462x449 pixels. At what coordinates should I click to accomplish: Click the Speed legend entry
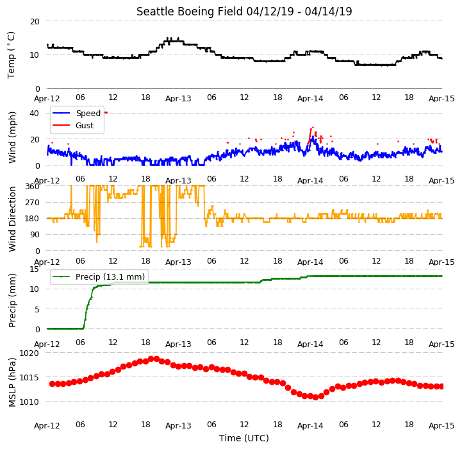point(77,113)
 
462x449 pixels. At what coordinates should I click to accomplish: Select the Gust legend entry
point(73,125)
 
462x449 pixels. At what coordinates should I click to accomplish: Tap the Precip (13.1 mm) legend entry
point(99,276)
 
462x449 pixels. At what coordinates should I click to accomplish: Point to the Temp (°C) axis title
point(11,55)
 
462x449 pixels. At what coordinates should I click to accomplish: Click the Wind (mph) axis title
point(12,137)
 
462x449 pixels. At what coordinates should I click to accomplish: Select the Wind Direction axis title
point(12,219)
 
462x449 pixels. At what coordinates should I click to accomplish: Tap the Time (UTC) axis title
point(244,438)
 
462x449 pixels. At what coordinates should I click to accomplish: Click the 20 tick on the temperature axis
point(35,22)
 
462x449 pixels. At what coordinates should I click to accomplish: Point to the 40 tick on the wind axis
point(35,114)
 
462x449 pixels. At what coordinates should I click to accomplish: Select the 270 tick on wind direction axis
point(33,203)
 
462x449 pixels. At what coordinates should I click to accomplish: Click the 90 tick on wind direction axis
point(35,235)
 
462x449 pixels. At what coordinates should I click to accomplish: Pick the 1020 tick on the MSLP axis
point(29,353)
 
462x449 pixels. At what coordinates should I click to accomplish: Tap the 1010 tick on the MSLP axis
point(29,402)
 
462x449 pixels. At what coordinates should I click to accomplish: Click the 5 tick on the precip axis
point(37,309)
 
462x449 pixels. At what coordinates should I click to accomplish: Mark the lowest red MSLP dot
point(315,398)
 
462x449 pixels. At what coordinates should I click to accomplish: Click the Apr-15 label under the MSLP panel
point(441,426)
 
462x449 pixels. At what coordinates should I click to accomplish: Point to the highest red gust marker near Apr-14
point(313,128)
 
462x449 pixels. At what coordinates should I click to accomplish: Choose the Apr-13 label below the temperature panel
point(178,99)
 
